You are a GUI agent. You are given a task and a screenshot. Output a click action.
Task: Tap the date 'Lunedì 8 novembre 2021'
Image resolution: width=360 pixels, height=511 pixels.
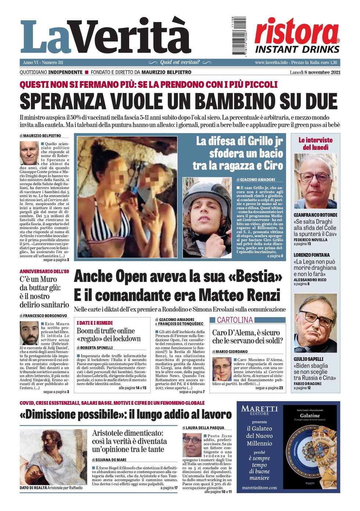(x=315, y=72)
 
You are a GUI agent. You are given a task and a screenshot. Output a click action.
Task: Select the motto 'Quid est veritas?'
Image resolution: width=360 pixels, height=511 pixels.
(x=180, y=62)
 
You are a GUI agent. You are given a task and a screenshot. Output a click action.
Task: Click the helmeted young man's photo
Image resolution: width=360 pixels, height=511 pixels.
(x=207, y=217)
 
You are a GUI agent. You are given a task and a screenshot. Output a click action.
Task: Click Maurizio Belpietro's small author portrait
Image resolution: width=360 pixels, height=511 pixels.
(x=29, y=153)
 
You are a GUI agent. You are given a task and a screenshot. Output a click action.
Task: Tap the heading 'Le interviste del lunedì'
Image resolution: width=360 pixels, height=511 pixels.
(x=315, y=144)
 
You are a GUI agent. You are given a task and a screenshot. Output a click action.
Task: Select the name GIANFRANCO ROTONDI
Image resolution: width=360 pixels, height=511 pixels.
(x=315, y=215)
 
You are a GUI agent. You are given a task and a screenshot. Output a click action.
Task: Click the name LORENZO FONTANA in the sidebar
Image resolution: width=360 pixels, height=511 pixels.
(x=312, y=255)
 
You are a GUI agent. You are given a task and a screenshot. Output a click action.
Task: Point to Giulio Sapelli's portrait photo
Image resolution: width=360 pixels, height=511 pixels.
(x=315, y=323)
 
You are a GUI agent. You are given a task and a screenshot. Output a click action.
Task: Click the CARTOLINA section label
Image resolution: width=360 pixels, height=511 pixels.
(x=235, y=320)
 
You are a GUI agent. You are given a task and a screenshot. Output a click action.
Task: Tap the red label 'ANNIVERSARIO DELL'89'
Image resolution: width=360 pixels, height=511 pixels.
(x=44, y=271)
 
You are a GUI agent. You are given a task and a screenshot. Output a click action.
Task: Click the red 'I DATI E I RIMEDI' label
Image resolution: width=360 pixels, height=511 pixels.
(x=94, y=323)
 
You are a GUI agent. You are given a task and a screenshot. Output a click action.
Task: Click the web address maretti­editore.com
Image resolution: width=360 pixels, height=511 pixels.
(x=259, y=487)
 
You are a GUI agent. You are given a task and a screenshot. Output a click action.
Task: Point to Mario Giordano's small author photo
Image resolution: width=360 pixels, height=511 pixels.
(x=222, y=369)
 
